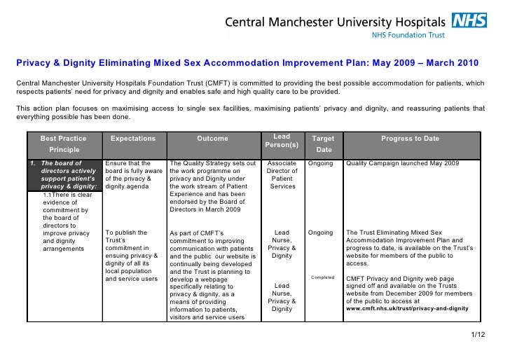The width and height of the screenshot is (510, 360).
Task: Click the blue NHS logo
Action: [469, 20]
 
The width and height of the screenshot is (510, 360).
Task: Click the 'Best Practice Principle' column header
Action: [64, 144]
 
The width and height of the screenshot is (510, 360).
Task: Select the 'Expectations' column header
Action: [133, 139]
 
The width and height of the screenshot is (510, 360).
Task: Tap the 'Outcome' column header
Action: [212, 139]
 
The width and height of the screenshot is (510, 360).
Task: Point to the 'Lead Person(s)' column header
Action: [282, 140]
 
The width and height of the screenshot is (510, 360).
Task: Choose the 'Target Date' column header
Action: [323, 144]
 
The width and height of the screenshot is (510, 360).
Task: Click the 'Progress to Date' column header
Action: [410, 139]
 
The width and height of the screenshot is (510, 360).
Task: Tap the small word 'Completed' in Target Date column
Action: [322, 277]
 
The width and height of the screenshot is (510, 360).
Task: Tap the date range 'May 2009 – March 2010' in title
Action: [420, 63]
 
